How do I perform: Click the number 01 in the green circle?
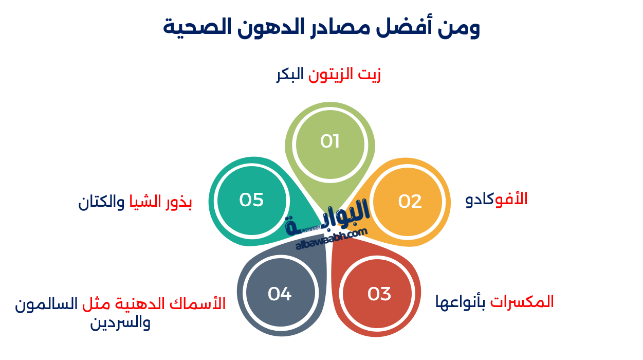click(329, 141)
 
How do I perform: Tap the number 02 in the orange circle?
click(410, 202)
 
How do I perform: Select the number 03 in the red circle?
click(379, 294)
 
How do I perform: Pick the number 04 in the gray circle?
click(280, 294)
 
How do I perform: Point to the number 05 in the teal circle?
click(251, 200)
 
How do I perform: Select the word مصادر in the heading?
click(339, 27)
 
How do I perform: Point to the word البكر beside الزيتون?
click(290, 75)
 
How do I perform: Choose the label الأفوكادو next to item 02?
click(497, 199)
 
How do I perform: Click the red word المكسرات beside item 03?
click(522, 301)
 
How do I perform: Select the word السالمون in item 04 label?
click(46, 304)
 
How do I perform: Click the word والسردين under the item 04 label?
click(120, 323)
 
